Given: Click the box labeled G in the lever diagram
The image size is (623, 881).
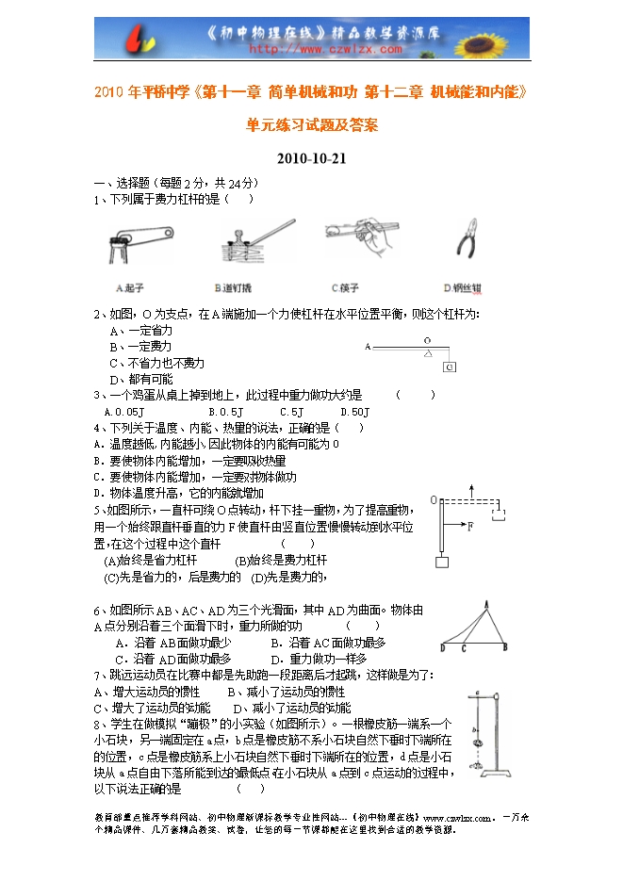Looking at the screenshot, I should pyautogui.click(x=449, y=366).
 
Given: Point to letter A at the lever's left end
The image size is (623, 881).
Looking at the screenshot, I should pyautogui.click(x=369, y=347).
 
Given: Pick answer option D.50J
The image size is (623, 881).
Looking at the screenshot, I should pyautogui.click(x=353, y=412).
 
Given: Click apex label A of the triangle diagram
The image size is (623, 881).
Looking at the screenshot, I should pyautogui.click(x=485, y=604).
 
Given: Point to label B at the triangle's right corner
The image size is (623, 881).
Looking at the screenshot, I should pyautogui.click(x=506, y=647).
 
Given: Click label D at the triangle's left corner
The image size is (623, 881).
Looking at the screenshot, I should pyautogui.click(x=443, y=647).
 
